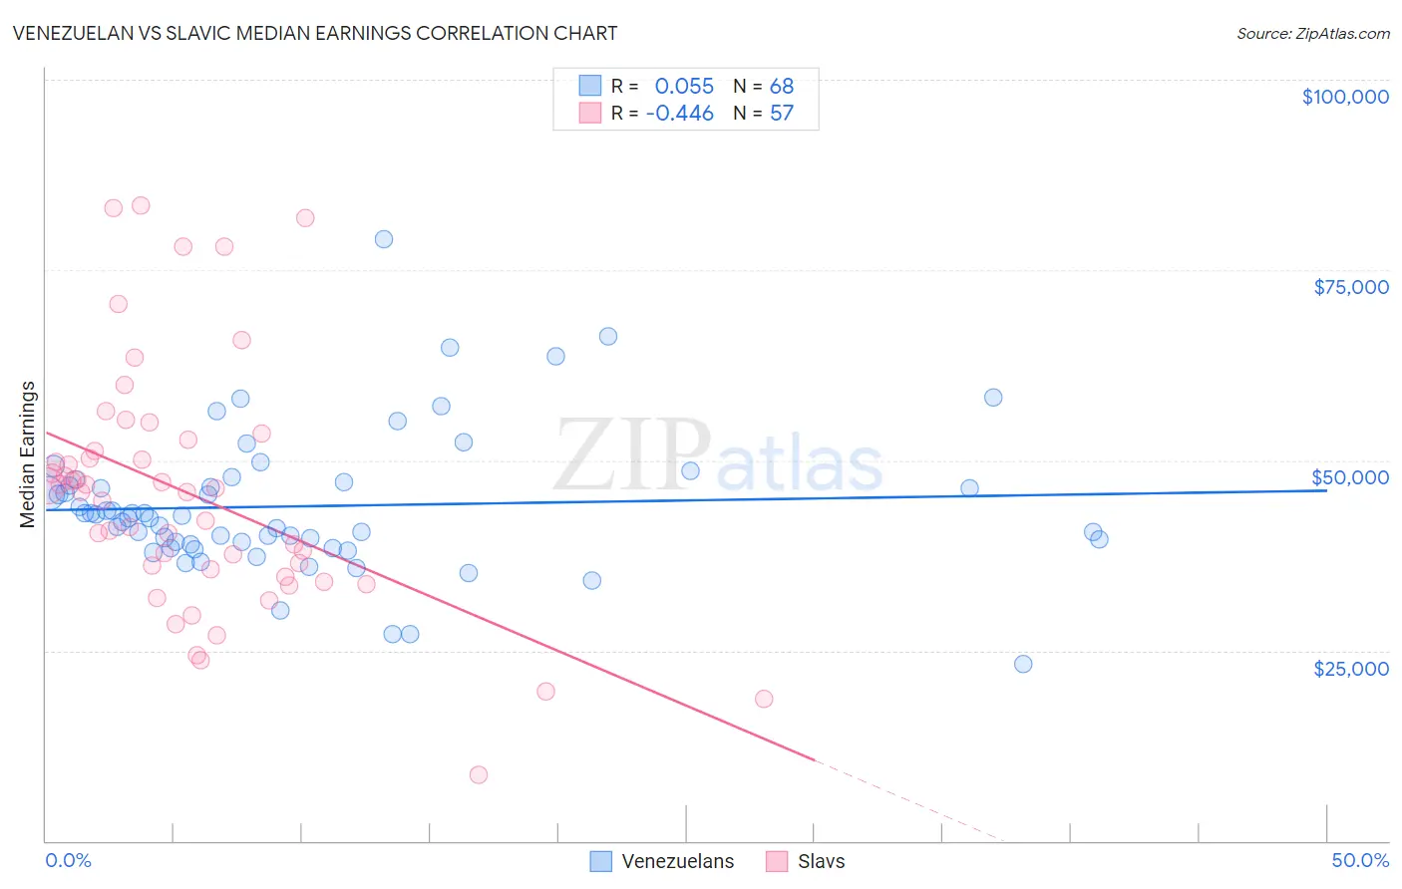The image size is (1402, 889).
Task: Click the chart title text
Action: coord(315,33)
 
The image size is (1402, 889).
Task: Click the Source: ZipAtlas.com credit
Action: coord(1312,33)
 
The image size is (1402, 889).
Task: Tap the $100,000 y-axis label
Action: coord(1345,97)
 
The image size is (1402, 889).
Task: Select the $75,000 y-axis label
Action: coord(1351,287)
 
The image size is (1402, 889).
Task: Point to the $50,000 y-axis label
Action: coord(1350,477)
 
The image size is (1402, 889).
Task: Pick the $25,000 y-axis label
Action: coord(1351,668)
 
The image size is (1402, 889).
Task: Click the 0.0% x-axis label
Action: coord(68,860)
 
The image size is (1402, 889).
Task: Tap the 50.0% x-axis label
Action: coord(1360,860)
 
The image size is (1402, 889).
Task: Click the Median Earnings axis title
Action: coord(28,453)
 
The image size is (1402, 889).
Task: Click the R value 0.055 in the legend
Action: coord(684,86)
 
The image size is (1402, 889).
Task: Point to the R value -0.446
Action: coord(680,113)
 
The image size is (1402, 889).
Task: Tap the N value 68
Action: coord(782,86)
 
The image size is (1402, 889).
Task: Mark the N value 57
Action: coord(782,113)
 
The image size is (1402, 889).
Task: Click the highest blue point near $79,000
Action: coord(384,239)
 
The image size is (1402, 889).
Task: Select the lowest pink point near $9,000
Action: coord(479,774)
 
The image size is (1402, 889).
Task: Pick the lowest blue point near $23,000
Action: coord(1023,664)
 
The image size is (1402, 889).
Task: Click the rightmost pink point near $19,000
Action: coord(764,699)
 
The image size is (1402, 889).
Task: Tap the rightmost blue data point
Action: coord(1099,539)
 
